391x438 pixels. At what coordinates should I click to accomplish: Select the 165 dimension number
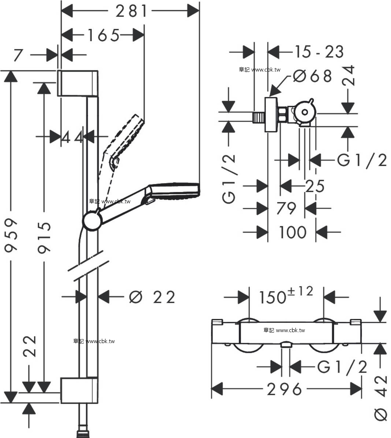click(103, 35)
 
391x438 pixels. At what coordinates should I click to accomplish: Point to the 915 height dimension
click(44, 237)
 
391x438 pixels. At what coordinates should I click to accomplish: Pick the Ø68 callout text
click(313, 76)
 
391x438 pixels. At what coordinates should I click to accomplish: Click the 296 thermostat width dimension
click(284, 389)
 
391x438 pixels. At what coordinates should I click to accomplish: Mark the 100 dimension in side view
click(292, 232)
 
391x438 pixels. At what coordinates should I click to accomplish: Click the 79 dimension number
click(286, 208)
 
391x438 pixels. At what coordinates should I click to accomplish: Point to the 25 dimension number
click(315, 186)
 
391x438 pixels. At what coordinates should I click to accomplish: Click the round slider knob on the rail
click(91, 220)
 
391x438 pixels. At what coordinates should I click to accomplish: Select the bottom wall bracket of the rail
click(79, 391)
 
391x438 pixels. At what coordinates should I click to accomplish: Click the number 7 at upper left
click(18, 55)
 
